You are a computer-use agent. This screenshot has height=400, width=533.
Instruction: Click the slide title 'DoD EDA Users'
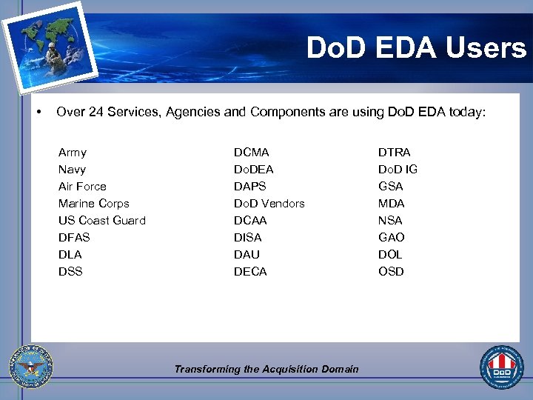(417, 49)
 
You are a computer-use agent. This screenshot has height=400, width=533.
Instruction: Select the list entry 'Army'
(73, 153)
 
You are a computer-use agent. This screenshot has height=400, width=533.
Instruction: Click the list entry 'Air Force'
(82, 187)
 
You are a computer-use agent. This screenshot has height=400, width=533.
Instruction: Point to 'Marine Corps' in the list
(94, 204)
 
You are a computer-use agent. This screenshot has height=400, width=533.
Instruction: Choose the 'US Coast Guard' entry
(102, 221)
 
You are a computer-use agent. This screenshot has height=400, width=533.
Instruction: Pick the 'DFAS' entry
(74, 238)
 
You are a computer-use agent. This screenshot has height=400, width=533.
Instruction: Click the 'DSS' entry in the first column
(70, 272)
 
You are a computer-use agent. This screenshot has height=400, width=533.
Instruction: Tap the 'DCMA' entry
(252, 153)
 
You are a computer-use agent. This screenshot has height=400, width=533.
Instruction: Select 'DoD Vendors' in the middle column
(269, 204)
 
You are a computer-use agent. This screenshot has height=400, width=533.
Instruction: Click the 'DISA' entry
(248, 238)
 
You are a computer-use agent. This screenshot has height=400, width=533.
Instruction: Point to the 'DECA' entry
(250, 272)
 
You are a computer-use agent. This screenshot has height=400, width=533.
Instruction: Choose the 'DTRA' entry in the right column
(395, 153)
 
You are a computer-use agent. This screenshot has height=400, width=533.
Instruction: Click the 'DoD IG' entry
(398, 170)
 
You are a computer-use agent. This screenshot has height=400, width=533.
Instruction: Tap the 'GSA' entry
(391, 187)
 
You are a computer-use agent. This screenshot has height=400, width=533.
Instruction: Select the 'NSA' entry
(391, 221)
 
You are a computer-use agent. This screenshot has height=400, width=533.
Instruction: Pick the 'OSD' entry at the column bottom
(392, 272)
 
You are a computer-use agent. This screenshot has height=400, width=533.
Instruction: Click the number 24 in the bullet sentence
(95, 113)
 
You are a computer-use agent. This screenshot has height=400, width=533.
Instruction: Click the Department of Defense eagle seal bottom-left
(31, 367)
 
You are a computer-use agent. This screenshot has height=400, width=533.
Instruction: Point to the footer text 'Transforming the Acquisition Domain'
(266, 369)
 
